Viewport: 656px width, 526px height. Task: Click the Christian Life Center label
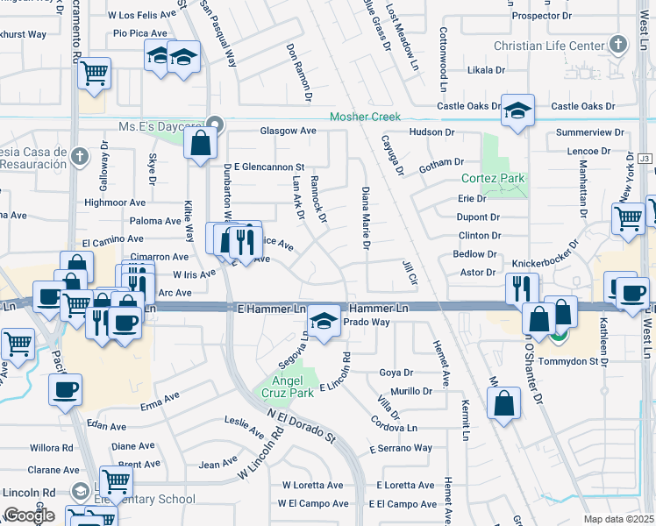(x=549, y=46)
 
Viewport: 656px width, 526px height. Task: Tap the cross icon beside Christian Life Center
(x=620, y=44)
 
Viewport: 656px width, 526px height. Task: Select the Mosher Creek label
(x=365, y=117)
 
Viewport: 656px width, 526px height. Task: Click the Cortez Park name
(x=493, y=178)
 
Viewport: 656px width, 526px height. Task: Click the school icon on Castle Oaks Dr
(x=517, y=111)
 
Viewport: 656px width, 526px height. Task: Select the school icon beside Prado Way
(x=324, y=321)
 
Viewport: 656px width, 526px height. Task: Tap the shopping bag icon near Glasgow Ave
(x=201, y=142)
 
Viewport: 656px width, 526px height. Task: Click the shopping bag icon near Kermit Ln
(x=504, y=404)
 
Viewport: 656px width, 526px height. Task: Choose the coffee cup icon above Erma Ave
(x=66, y=389)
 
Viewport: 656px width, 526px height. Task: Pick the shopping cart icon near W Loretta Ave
(x=115, y=480)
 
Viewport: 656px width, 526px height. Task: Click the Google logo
(x=29, y=515)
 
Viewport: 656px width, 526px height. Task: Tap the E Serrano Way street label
(x=401, y=448)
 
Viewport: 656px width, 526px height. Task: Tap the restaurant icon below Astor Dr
(x=522, y=288)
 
